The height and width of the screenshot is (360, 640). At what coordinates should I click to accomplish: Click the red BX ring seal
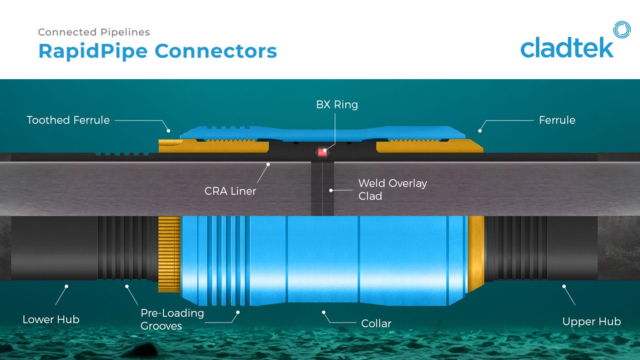click(x=322, y=153)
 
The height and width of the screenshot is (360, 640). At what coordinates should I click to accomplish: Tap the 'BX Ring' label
click(x=337, y=105)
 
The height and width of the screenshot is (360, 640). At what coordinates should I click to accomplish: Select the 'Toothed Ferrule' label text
click(x=68, y=120)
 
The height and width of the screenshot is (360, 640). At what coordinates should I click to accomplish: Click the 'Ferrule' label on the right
click(x=557, y=120)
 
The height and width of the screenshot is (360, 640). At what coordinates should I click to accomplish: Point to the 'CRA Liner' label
click(x=230, y=191)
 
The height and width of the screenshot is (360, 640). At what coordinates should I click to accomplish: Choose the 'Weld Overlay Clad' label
click(x=392, y=189)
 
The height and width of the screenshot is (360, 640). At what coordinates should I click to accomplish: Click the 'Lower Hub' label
click(x=51, y=319)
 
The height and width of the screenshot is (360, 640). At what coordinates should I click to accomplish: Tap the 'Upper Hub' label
click(x=591, y=321)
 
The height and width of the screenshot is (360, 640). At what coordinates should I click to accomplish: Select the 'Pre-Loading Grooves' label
click(x=172, y=319)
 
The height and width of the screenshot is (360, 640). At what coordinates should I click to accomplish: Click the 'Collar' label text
click(x=376, y=323)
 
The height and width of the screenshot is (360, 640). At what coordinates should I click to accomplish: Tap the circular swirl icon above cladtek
click(x=622, y=30)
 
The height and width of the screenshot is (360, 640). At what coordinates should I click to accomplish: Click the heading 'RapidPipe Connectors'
click(x=158, y=51)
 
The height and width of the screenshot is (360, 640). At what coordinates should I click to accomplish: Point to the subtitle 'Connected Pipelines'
click(x=94, y=32)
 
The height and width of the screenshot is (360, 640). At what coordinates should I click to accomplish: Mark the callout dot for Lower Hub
click(x=67, y=286)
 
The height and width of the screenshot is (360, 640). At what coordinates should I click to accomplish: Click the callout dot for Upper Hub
click(x=564, y=286)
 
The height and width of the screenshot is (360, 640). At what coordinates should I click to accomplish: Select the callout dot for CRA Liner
click(x=268, y=164)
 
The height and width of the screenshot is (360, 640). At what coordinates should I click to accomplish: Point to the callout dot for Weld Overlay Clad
click(x=331, y=190)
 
